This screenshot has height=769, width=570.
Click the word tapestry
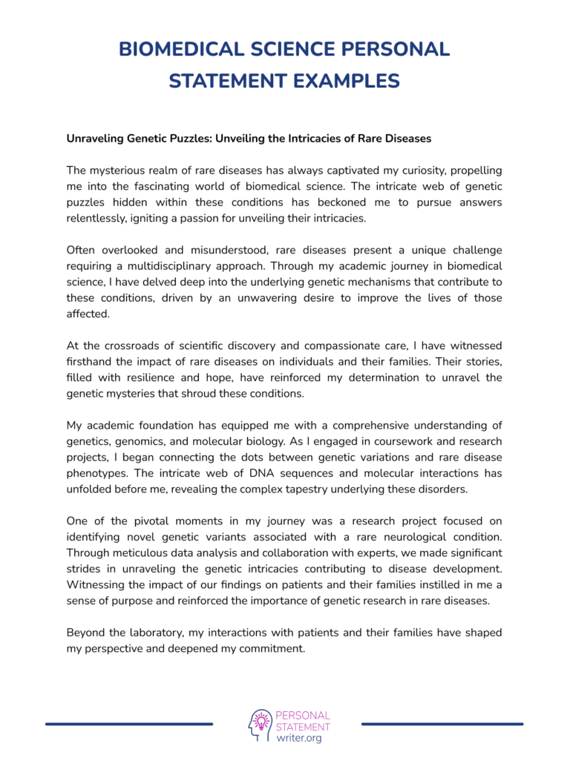347,489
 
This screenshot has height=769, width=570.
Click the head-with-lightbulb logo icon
260,725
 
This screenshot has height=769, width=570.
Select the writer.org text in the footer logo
298,739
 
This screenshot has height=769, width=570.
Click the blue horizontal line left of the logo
129,724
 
